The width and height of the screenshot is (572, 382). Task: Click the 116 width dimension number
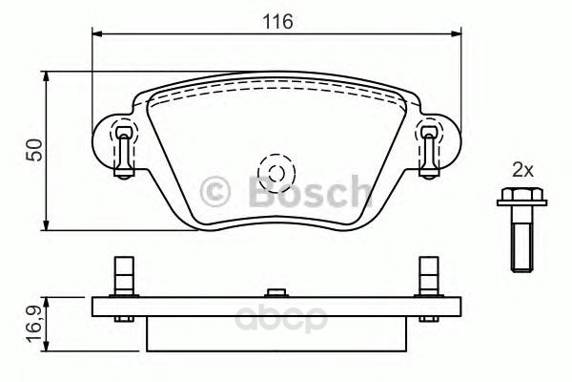pyautogui.click(x=278, y=20)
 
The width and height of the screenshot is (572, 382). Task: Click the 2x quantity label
pyautogui.click(x=521, y=170)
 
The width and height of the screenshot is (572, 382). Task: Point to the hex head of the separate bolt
pyautogui.click(x=516, y=200)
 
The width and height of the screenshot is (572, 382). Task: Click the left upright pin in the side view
pyautogui.click(x=121, y=276)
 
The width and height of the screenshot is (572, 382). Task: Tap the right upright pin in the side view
pyautogui.click(x=430, y=276)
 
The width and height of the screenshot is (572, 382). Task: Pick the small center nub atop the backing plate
pyautogui.click(x=276, y=292)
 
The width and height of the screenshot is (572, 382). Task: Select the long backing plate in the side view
pyautogui.click(x=276, y=308)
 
